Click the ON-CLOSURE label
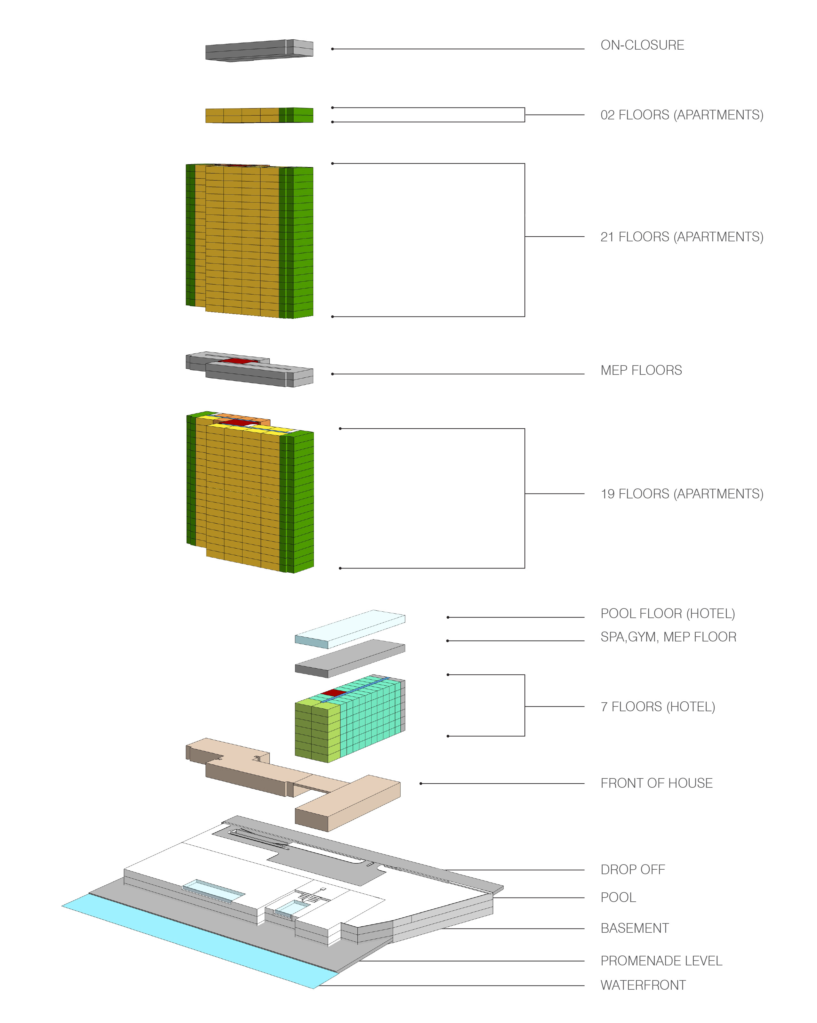[642, 45]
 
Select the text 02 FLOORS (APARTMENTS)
[682, 115]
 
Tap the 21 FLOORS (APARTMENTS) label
[682, 237]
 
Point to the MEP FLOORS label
[641, 370]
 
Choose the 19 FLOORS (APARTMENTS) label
[682, 494]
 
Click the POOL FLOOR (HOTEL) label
[668, 614]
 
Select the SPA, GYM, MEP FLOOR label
[668, 637]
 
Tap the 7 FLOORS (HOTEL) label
[658, 706]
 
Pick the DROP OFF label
[632, 869]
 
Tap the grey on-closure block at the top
[259, 50]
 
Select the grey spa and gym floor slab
[350, 658]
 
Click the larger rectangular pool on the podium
[213, 890]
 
